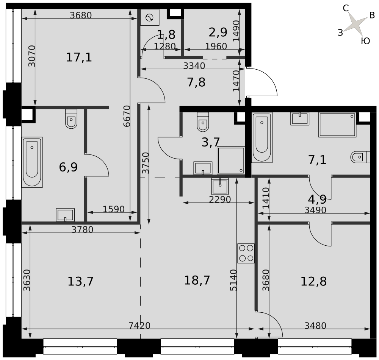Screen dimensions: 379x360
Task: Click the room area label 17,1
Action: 79,58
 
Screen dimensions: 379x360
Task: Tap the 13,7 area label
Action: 80,281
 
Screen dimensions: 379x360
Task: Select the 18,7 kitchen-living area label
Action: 197,281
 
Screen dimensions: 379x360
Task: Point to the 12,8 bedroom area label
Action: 313,281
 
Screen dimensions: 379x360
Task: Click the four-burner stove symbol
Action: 246,253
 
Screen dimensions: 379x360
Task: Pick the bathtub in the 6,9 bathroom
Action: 32,162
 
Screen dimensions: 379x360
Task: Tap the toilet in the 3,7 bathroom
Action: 203,122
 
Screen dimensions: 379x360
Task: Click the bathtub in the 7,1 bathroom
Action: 262,138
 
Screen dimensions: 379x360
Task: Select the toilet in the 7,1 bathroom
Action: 360,157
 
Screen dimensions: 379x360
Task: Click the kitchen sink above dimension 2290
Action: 220,186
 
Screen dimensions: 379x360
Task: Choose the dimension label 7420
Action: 139,326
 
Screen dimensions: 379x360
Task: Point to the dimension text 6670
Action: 127,116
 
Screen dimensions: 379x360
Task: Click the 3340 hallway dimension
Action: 194,65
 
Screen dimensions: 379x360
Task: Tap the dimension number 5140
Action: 233,280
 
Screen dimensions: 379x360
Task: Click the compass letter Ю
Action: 365,41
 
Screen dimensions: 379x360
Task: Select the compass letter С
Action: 346,8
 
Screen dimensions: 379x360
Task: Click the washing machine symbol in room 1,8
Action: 150,17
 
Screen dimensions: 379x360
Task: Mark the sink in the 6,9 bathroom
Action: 65,215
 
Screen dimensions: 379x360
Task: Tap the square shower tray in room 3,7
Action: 231,161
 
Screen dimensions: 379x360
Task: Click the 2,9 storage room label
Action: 218,32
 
